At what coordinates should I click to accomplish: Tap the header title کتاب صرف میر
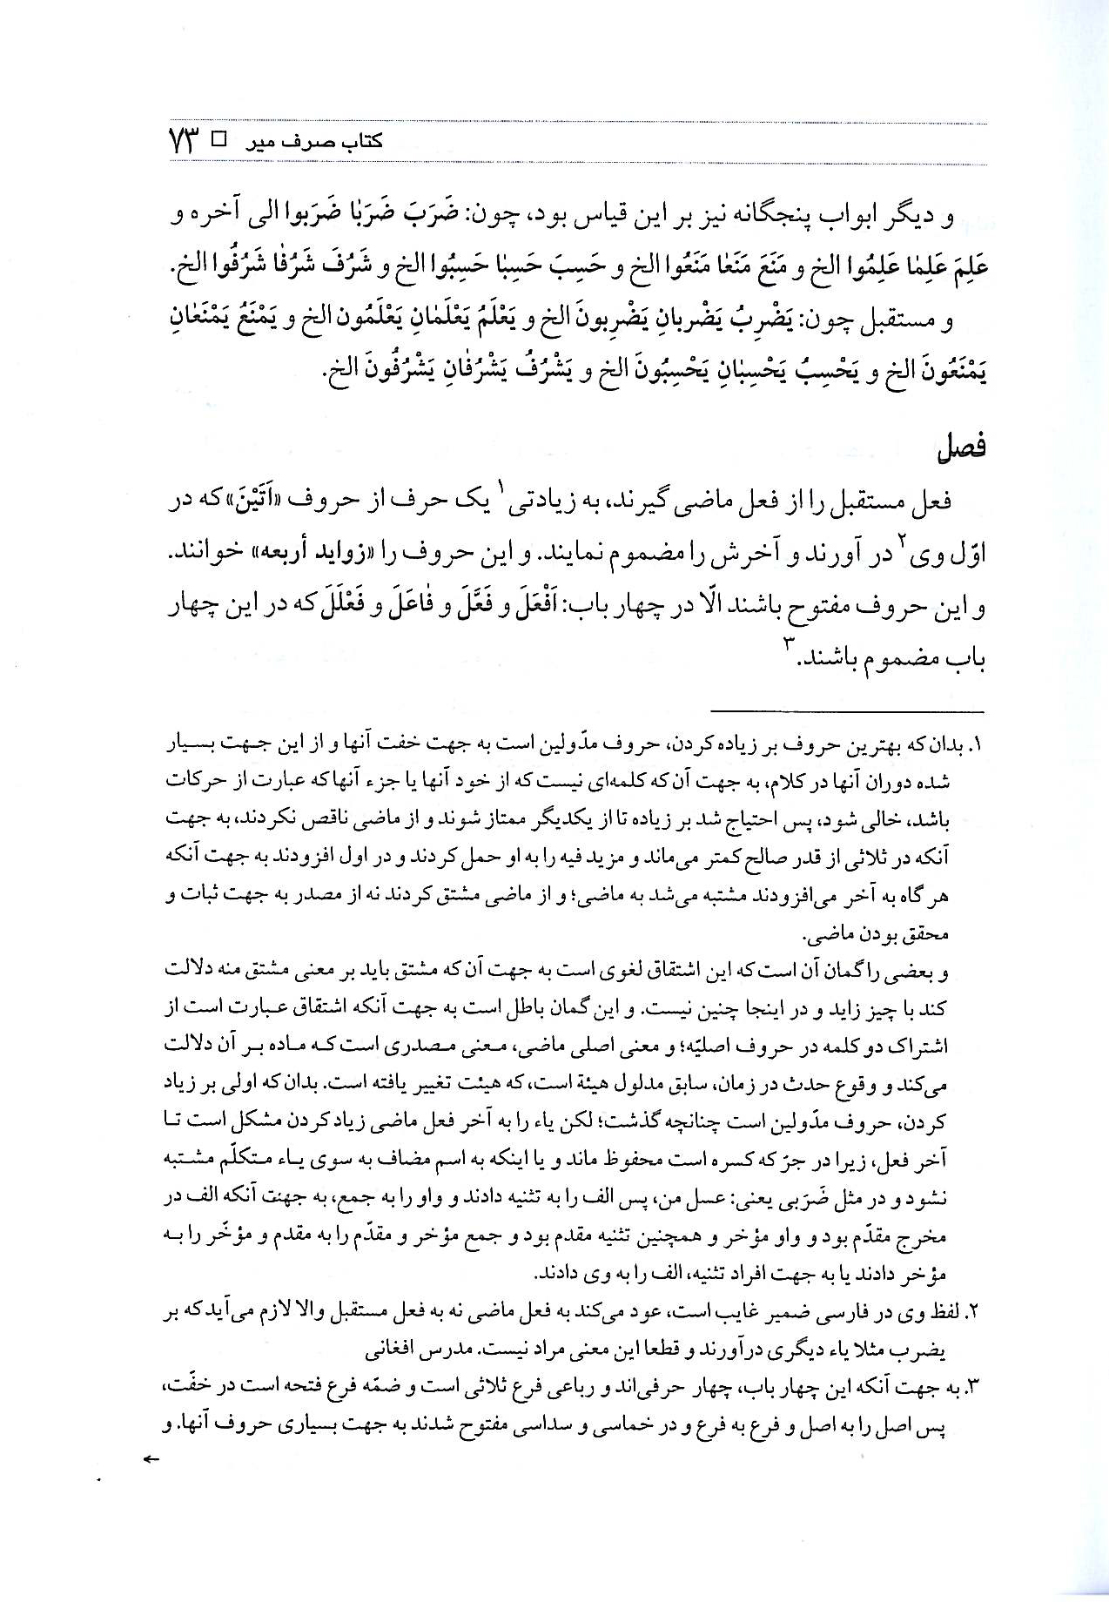click(x=335, y=142)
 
